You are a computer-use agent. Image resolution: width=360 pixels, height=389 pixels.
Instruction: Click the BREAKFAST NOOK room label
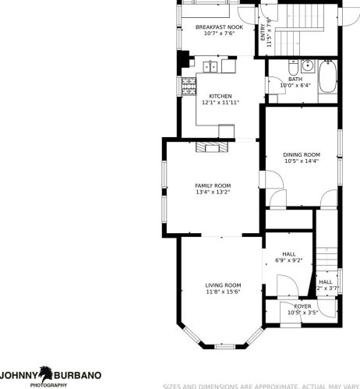(219, 27)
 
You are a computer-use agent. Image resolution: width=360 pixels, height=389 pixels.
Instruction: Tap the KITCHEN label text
(219, 96)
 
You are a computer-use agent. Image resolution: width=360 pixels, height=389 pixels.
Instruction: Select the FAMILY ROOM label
(212, 185)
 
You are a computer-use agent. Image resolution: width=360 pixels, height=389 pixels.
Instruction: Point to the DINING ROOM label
(301, 154)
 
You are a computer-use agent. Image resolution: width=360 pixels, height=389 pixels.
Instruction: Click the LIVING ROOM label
(223, 285)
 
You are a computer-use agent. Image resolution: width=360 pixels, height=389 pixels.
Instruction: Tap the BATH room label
(295, 79)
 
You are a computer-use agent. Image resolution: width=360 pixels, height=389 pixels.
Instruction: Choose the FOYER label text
(302, 306)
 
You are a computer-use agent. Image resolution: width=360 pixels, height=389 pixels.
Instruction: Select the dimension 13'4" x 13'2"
(212, 192)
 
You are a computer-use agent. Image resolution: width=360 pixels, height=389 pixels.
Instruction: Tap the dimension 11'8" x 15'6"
(223, 292)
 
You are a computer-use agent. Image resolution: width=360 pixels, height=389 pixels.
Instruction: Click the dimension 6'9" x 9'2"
(288, 260)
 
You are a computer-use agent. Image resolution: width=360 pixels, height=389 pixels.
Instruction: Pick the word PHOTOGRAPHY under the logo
(48, 385)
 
